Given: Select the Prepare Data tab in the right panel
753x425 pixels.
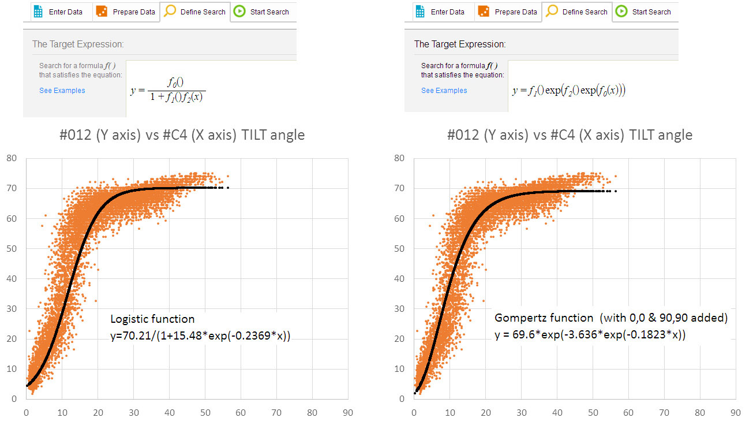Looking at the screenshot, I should click(508, 12).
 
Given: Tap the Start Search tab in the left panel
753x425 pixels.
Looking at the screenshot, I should click(263, 12).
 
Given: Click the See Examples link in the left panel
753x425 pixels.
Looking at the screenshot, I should click(62, 91).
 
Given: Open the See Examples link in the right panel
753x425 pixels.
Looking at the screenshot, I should click(444, 91).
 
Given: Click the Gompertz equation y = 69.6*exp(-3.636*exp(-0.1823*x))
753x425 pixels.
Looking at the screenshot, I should click(590, 335).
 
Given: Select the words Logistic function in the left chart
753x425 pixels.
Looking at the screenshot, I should click(152, 319).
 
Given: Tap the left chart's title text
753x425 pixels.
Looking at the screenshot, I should click(182, 135).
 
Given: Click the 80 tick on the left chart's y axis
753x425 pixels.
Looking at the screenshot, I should click(12, 158).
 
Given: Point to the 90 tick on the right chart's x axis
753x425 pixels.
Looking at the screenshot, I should click(735, 413).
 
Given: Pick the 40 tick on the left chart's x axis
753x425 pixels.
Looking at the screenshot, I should click(169, 413).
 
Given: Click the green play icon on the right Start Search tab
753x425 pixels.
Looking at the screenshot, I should click(621, 12).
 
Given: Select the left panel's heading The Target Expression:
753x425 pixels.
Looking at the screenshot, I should click(78, 44).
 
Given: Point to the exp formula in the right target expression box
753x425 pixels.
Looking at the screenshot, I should click(569, 91).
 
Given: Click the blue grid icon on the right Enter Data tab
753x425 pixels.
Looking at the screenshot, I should click(420, 12).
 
